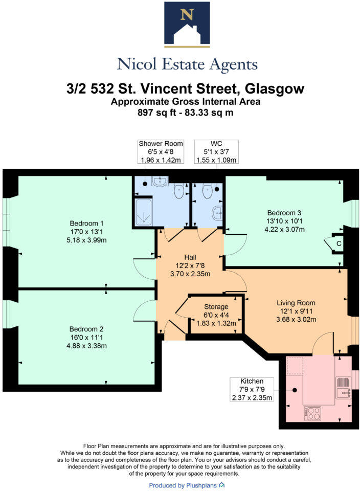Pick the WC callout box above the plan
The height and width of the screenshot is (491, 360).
pyautogui.click(x=216, y=151)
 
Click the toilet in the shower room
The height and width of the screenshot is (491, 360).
pyautogui.click(x=179, y=191)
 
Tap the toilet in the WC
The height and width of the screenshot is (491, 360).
pyautogui.click(x=207, y=191)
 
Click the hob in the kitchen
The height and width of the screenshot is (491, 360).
pyautogui.click(x=313, y=412)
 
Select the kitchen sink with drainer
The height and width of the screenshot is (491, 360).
pyautogui.click(x=342, y=387)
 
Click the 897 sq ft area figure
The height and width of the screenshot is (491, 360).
pyautogui.click(x=153, y=113)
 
